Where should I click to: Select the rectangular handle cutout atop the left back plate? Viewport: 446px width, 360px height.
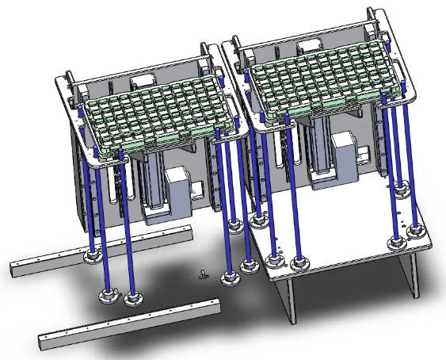(143, 80)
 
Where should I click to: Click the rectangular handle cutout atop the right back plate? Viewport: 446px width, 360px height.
(302, 41)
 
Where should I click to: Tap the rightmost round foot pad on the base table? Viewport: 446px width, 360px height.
(417, 231)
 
